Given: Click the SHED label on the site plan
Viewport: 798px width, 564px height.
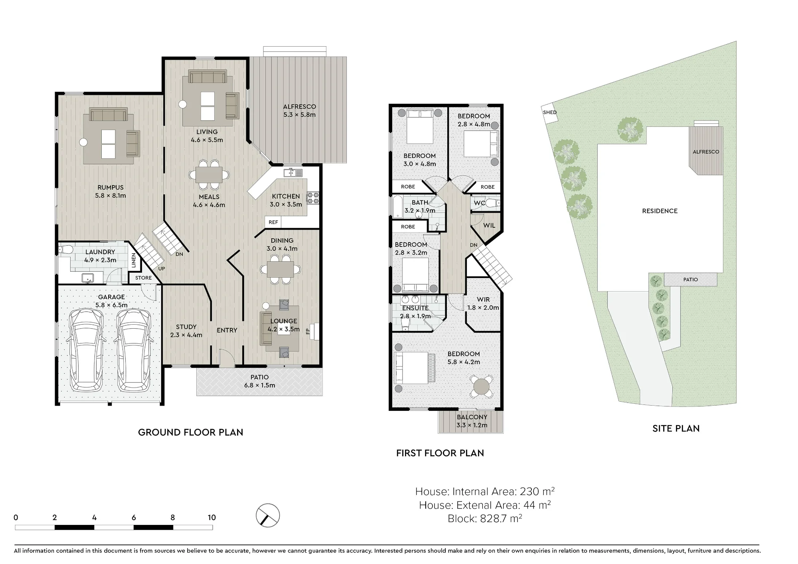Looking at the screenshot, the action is [x=549, y=112].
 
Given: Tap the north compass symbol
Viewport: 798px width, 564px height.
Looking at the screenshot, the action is [x=268, y=515].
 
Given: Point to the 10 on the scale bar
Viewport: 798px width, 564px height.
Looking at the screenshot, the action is [x=211, y=517].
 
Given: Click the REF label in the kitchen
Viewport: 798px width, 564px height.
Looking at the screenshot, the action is [x=273, y=222].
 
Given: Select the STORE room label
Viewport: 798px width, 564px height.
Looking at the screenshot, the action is [x=143, y=278].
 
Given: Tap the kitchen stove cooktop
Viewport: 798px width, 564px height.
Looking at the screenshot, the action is [x=313, y=198].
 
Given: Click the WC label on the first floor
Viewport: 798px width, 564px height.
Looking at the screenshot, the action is [x=479, y=203].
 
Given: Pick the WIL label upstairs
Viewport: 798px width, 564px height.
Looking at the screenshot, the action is [x=489, y=225].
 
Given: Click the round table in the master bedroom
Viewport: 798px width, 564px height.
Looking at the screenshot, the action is [x=482, y=386].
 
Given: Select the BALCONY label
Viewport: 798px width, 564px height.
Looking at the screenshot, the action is [x=472, y=417].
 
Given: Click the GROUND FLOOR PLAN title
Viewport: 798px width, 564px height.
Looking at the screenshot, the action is [x=190, y=432].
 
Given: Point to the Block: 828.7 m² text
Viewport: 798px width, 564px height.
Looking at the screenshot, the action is [x=485, y=519].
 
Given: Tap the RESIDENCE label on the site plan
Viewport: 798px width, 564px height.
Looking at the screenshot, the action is [x=660, y=211].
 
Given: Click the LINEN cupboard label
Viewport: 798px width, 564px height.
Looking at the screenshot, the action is [x=134, y=260].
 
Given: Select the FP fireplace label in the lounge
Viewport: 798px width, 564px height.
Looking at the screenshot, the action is [x=308, y=331].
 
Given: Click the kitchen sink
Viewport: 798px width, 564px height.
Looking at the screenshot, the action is [x=293, y=172].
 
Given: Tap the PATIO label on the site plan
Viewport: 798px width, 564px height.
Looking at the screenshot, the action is [x=690, y=280].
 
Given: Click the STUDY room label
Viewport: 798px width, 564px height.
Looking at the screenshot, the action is [x=186, y=327].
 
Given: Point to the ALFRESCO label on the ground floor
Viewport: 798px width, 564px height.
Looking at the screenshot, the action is [x=299, y=106].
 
